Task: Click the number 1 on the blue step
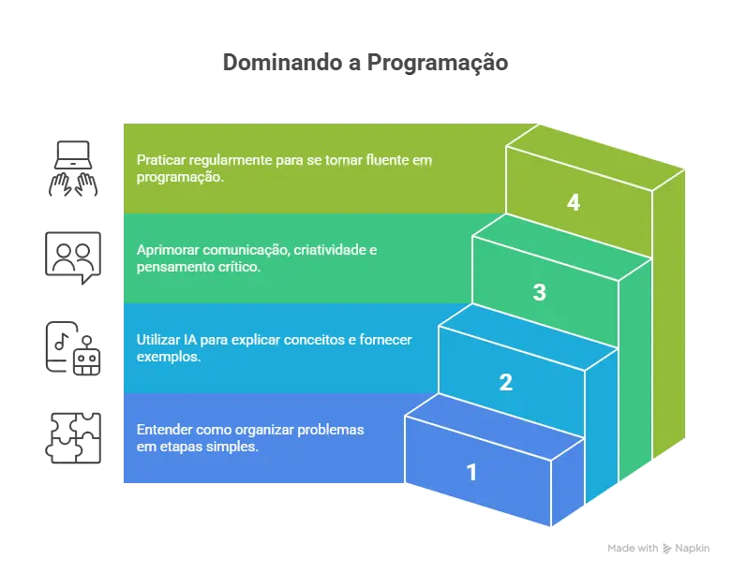(x=471, y=473)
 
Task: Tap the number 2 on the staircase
(x=506, y=382)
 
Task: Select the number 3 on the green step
(x=539, y=292)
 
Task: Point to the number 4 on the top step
(x=573, y=202)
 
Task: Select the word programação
(x=180, y=177)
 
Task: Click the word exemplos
(x=168, y=357)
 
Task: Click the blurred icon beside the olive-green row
(x=73, y=168)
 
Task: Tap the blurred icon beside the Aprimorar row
(x=73, y=252)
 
